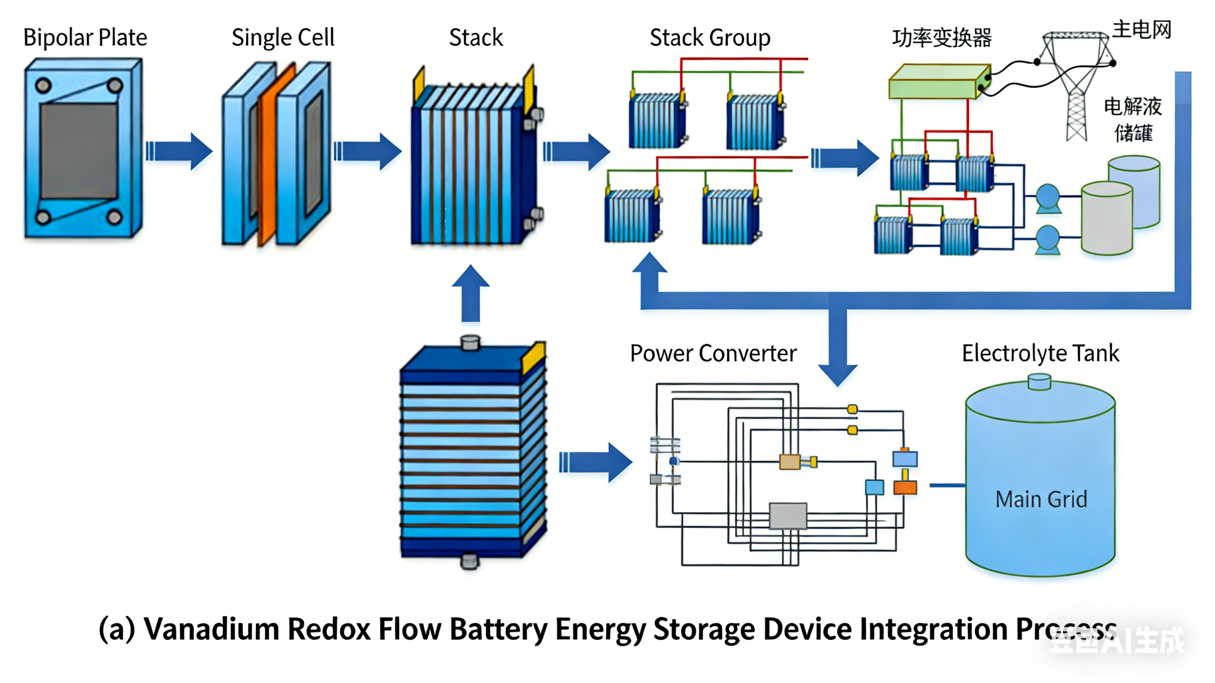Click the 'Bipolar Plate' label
(85, 38)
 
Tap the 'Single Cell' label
(283, 38)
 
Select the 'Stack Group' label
(710, 38)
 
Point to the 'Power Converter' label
(713, 353)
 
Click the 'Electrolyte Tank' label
(1040, 353)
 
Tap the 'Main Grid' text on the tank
(1041, 499)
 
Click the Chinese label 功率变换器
(941, 38)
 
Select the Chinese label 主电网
(1142, 30)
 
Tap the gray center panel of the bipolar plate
(79, 151)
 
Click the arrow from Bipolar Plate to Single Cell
(179, 151)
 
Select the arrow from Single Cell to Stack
(368, 151)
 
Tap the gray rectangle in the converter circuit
(788, 516)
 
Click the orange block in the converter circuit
(905, 488)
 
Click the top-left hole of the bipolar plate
(44, 85)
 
